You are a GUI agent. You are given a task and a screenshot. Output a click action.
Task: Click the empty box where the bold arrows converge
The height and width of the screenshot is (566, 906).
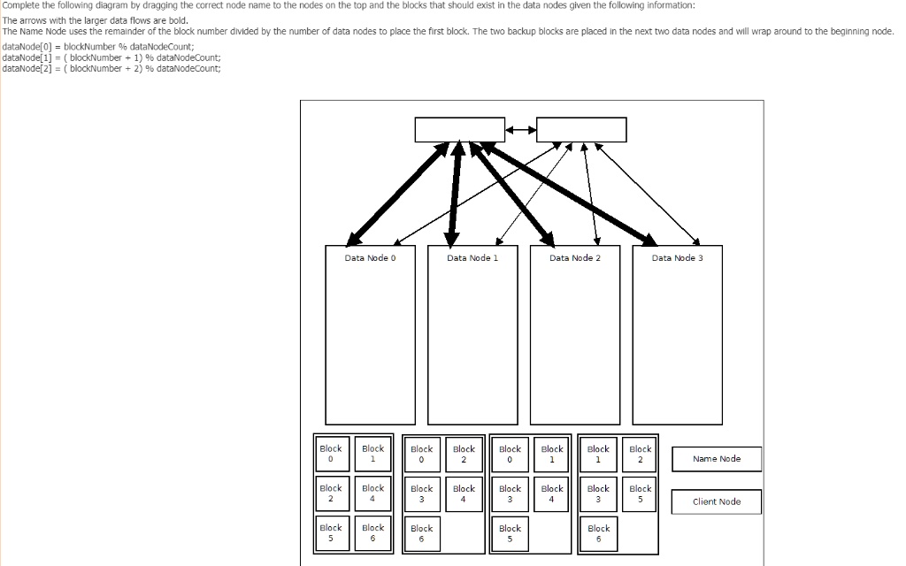(x=459, y=129)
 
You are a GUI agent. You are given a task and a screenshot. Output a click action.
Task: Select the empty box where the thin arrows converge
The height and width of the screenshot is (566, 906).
(x=581, y=129)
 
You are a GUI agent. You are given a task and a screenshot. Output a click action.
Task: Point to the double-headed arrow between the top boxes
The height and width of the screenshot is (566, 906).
(x=520, y=131)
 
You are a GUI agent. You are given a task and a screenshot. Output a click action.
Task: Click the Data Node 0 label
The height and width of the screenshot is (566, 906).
(x=370, y=257)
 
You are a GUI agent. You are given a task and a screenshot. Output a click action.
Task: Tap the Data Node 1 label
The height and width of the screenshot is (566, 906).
(x=472, y=257)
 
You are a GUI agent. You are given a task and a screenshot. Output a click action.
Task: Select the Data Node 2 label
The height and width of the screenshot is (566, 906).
(x=574, y=257)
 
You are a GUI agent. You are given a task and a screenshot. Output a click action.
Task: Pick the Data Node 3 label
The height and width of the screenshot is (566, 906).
(x=677, y=257)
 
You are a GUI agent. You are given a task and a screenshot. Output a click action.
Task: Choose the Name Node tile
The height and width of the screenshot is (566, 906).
(x=717, y=459)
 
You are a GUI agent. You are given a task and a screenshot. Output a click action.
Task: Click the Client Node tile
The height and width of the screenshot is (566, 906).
(x=717, y=501)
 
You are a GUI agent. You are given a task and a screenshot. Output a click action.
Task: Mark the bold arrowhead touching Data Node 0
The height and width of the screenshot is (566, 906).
(x=353, y=239)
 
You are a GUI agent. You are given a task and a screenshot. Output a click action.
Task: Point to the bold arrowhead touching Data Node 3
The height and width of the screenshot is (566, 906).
(x=649, y=240)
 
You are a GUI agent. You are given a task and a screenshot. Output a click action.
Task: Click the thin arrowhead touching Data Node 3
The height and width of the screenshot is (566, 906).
(x=696, y=241)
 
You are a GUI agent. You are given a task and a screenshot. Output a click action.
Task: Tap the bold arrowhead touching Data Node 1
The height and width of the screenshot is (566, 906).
(x=452, y=239)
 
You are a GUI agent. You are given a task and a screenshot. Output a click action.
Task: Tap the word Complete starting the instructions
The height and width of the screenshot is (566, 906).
(x=21, y=5)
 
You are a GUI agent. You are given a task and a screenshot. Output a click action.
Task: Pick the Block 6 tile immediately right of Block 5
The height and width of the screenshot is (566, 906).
(x=372, y=532)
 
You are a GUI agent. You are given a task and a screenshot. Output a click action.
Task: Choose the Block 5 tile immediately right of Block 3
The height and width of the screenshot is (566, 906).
(x=641, y=493)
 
